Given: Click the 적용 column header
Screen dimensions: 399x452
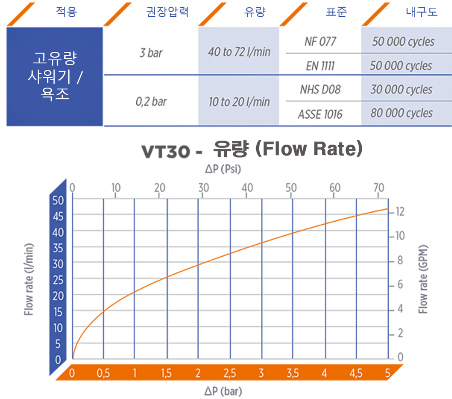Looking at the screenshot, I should coord(66,12).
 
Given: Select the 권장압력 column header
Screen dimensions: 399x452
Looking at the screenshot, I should coord(167,12).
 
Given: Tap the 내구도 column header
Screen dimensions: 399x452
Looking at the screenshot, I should coord(421,12).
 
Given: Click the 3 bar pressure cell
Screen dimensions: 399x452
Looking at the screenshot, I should coord(151,53).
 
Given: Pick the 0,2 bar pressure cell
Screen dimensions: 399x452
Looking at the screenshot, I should coord(151,102).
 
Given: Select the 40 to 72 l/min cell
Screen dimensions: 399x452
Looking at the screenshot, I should coord(239,52).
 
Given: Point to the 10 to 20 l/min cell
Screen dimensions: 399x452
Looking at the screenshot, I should coord(239,102).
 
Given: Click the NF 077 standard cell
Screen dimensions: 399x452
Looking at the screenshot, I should coord(320,41).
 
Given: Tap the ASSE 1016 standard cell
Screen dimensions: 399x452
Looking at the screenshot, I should coord(320,114).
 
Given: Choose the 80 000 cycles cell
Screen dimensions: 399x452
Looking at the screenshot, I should coord(401,113).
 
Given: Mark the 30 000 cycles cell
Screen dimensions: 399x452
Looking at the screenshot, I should coord(401,90).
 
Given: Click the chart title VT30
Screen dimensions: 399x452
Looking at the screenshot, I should coord(166,151).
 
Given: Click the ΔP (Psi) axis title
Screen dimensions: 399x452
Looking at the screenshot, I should coord(223,169).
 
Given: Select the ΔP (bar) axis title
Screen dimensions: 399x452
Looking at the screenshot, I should coord(223,391).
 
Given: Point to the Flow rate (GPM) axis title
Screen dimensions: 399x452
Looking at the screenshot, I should coord(423,279).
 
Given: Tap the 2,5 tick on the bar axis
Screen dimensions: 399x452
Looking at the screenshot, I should coord(230,373).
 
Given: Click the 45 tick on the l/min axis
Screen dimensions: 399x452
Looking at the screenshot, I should coord(58,217).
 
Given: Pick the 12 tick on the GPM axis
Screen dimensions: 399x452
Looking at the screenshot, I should coord(400,212).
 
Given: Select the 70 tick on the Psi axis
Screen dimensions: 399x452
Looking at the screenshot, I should coord(378,188).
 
